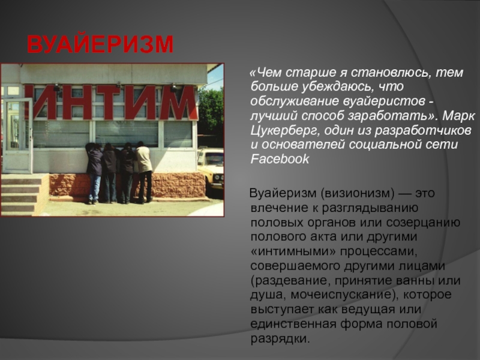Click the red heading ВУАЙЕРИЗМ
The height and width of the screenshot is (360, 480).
[x=100, y=44]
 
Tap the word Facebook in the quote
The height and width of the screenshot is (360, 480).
[x=280, y=159]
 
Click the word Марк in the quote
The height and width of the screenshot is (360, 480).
[x=458, y=116]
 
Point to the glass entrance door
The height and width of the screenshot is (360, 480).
[x=19, y=134]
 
